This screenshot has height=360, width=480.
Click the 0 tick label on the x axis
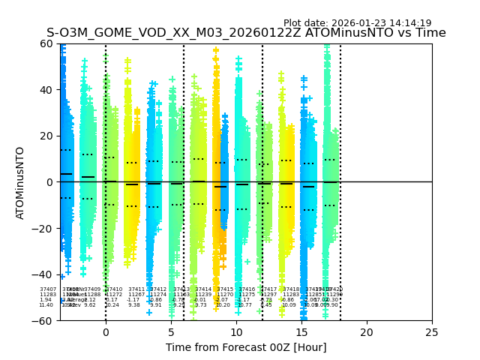(x=105, y=331)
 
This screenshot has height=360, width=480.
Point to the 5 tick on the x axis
(x=171, y=331)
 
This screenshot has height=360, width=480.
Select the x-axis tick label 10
(x=236, y=331)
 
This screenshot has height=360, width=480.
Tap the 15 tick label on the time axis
(x=301, y=331)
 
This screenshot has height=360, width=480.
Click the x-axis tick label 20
(x=367, y=331)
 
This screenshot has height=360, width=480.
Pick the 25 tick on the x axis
(x=432, y=331)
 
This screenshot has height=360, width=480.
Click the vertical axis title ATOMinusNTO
(x=20, y=182)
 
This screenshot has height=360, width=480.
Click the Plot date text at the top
(x=357, y=23)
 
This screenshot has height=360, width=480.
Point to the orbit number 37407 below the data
(x=48, y=289)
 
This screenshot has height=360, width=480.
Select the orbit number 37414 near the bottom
(x=203, y=289)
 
